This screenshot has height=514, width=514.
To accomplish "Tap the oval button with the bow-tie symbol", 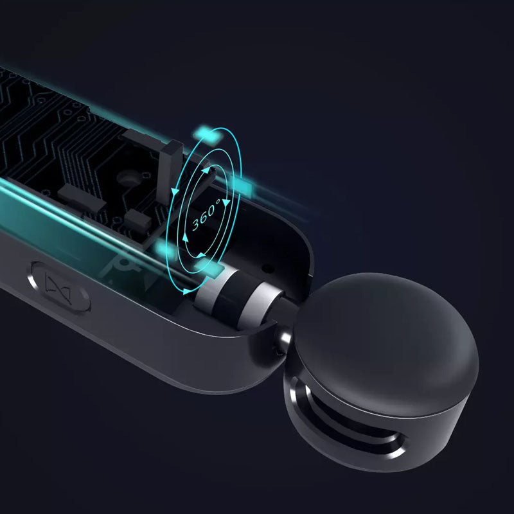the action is pyautogui.click(x=61, y=288).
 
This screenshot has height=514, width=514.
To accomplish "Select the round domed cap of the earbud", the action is pyautogui.click(x=387, y=344).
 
